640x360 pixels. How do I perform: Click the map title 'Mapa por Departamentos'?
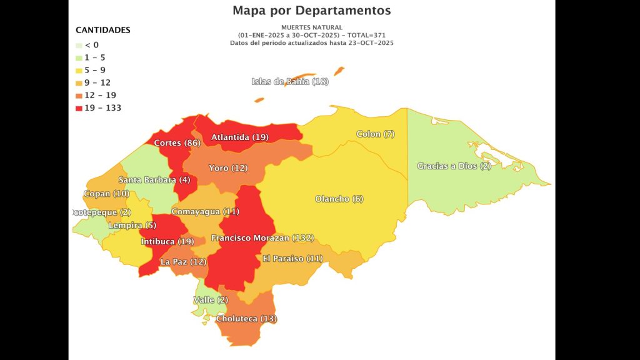tap(311, 11)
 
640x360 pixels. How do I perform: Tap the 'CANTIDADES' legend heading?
tap(102, 30)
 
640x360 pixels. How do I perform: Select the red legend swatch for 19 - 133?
tap(79, 108)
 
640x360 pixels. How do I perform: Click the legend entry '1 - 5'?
tap(95, 57)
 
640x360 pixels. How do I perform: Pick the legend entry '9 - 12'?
tap(97, 82)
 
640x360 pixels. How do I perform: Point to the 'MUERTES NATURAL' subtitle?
tap(311, 27)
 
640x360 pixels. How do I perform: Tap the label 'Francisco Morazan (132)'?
tap(262, 238)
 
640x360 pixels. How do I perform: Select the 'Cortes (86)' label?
tap(177, 143)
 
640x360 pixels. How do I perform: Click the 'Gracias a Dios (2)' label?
tap(454, 166)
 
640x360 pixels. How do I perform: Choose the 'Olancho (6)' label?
tap(339, 199)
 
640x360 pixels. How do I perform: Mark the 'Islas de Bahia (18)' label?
tap(290, 82)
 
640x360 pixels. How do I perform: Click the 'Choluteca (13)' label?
tap(246, 319)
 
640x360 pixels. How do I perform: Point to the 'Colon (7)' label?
tap(376, 134)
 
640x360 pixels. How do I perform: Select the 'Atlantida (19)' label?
tap(240, 137)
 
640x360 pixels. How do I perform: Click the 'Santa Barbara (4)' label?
tap(154, 180)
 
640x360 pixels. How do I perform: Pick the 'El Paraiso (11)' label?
tap(292, 259)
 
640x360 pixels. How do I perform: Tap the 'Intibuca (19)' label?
tap(167, 241)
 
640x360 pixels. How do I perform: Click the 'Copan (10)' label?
tap(106, 194)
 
